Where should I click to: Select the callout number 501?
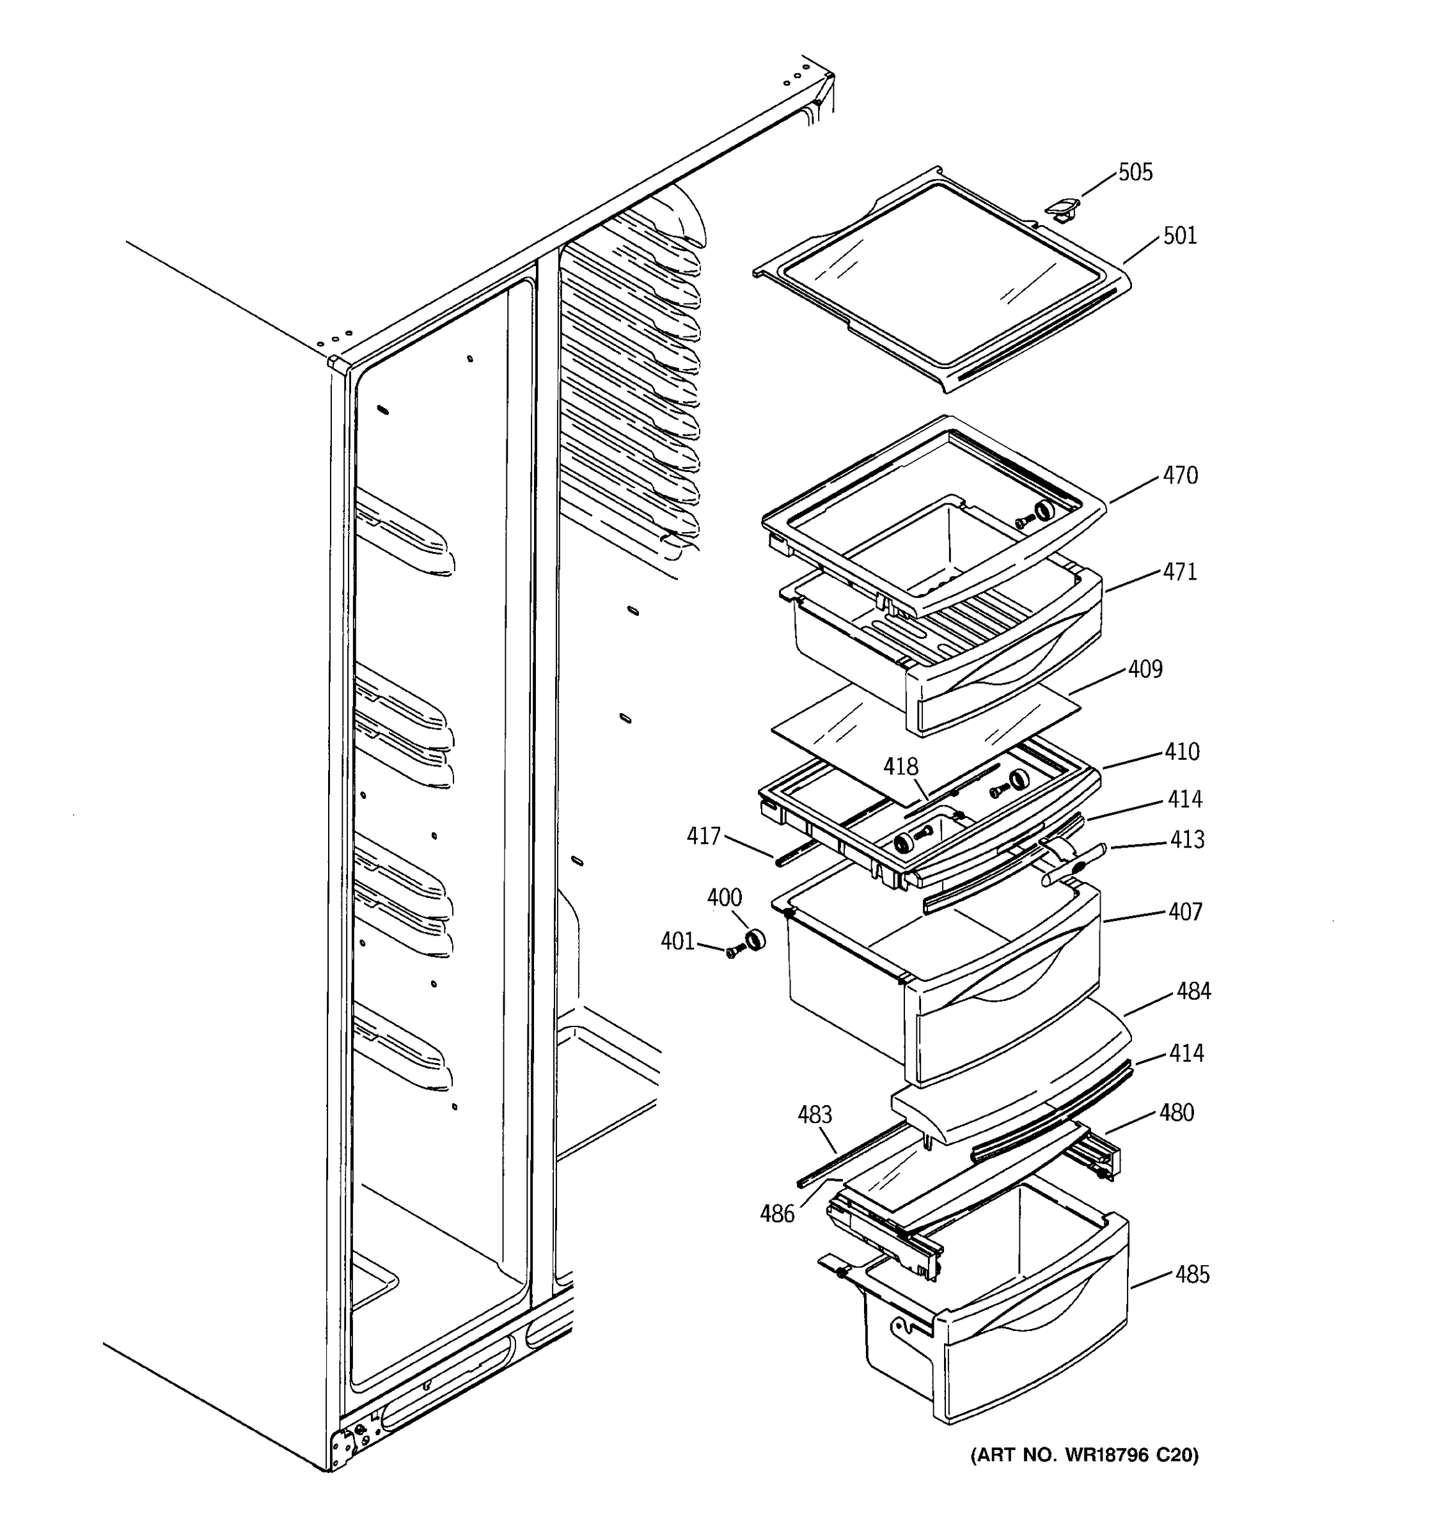tap(1179, 236)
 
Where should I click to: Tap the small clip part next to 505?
tap(1062, 207)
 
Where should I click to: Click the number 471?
tap(1179, 572)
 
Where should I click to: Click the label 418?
tap(901, 767)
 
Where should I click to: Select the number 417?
tap(704, 836)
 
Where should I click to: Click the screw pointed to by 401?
tap(731, 953)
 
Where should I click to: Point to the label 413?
tap(1186, 840)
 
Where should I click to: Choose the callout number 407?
tap(1185, 912)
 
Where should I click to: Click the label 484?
tap(1193, 991)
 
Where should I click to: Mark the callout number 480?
tap(1177, 1114)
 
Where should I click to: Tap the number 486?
tap(776, 1215)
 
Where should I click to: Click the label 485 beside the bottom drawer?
tap(1192, 1275)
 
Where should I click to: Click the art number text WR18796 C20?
tap(1084, 1456)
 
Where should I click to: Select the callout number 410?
tap(1182, 752)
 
